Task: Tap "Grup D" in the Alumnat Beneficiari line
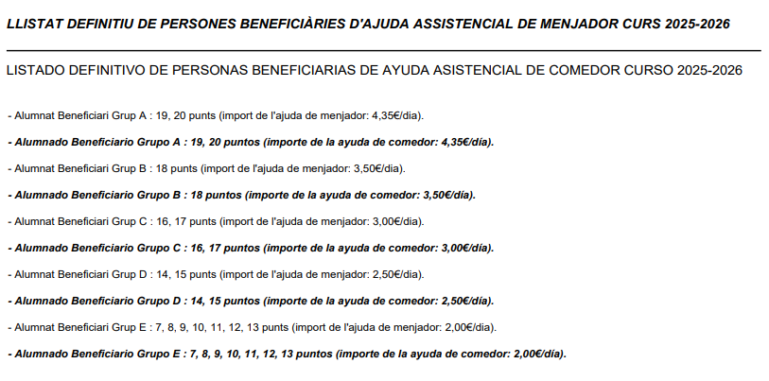coord(131,274)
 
